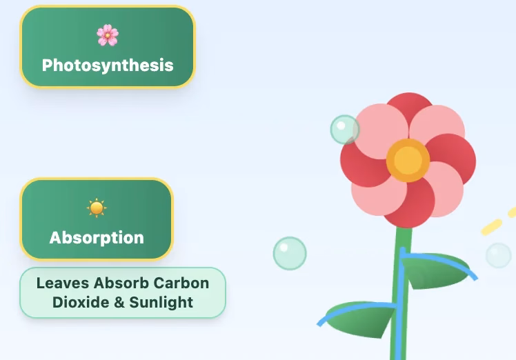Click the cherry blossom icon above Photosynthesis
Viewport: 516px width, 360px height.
tap(108, 35)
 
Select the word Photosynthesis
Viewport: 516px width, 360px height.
tap(108, 65)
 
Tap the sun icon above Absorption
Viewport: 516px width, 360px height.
tap(97, 208)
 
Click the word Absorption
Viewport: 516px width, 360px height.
tap(97, 237)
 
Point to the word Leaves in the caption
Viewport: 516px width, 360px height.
tap(63, 283)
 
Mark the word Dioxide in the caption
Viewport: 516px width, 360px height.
tap(81, 302)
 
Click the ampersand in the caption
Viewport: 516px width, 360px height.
tap(119, 302)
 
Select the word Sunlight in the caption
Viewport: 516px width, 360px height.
tap(161, 302)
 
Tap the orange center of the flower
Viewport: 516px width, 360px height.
tap(408, 160)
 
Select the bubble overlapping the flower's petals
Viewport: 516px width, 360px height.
tap(344, 130)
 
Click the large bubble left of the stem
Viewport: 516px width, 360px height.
tap(290, 253)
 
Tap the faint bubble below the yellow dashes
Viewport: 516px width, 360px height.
tap(499, 255)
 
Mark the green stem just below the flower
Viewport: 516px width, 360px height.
tap(402, 239)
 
